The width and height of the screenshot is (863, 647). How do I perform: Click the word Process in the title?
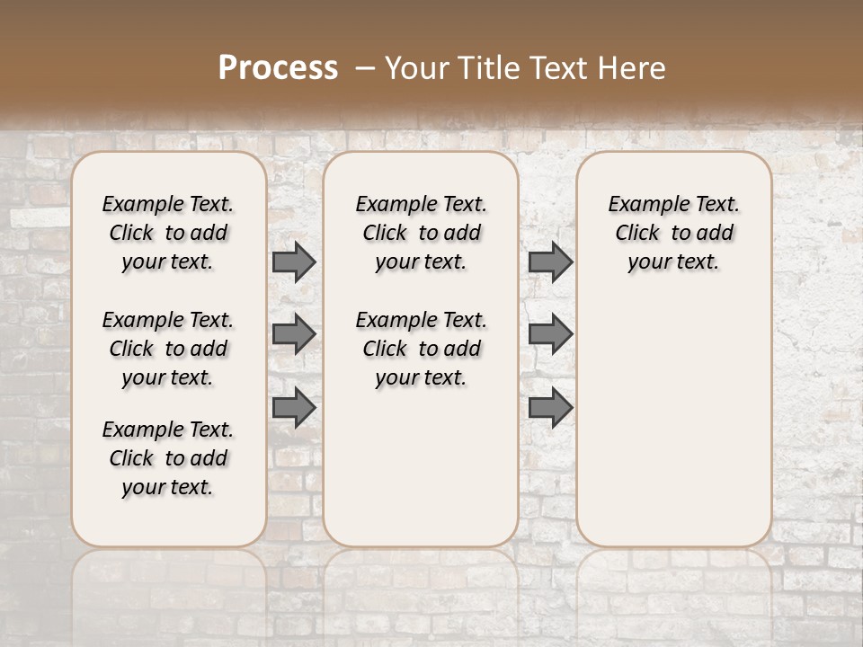(x=278, y=68)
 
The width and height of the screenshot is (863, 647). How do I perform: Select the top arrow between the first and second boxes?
(x=294, y=262)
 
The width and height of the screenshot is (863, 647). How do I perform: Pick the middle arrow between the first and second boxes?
(x=294, y=334)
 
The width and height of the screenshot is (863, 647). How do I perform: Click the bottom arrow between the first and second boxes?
(x=294, y=408)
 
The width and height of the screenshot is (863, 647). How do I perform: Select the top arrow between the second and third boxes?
(x=550, y=262)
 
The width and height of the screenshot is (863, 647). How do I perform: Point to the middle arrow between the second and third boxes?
(x=550, y=334)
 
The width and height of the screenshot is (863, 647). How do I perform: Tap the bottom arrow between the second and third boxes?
(x=550, y=408)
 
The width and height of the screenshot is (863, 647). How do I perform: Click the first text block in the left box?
(x=168, y=233)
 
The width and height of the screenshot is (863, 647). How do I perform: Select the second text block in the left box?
(x=168, y=349)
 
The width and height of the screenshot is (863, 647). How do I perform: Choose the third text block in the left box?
(x=168, y=458)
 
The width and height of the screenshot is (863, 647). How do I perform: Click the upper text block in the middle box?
(x=421, y=233)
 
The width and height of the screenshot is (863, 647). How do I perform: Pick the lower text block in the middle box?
(x=421, y=349)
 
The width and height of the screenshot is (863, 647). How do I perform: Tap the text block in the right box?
(x=673, y=233)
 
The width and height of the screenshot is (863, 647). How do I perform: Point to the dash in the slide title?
(x=365, y=68)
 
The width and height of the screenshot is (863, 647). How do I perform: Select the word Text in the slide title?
(x=555, y=68)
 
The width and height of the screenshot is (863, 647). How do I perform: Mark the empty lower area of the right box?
(x=673, y=413)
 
